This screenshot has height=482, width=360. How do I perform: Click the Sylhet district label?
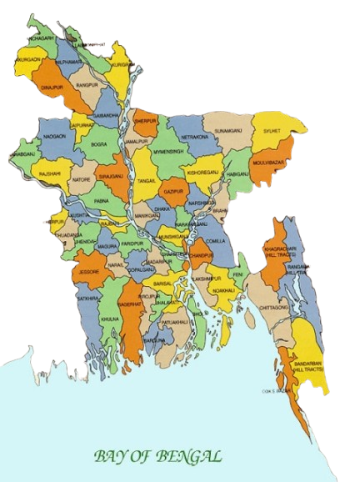292,132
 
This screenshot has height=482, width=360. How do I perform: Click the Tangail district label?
147,179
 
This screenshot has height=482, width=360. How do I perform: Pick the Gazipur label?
173,191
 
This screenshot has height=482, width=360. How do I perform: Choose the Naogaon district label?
53,135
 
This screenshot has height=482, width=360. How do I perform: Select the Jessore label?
89,271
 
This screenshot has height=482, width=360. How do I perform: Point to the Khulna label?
109,319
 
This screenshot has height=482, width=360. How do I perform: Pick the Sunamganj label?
227,131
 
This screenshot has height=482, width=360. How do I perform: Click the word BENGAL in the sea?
192,456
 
